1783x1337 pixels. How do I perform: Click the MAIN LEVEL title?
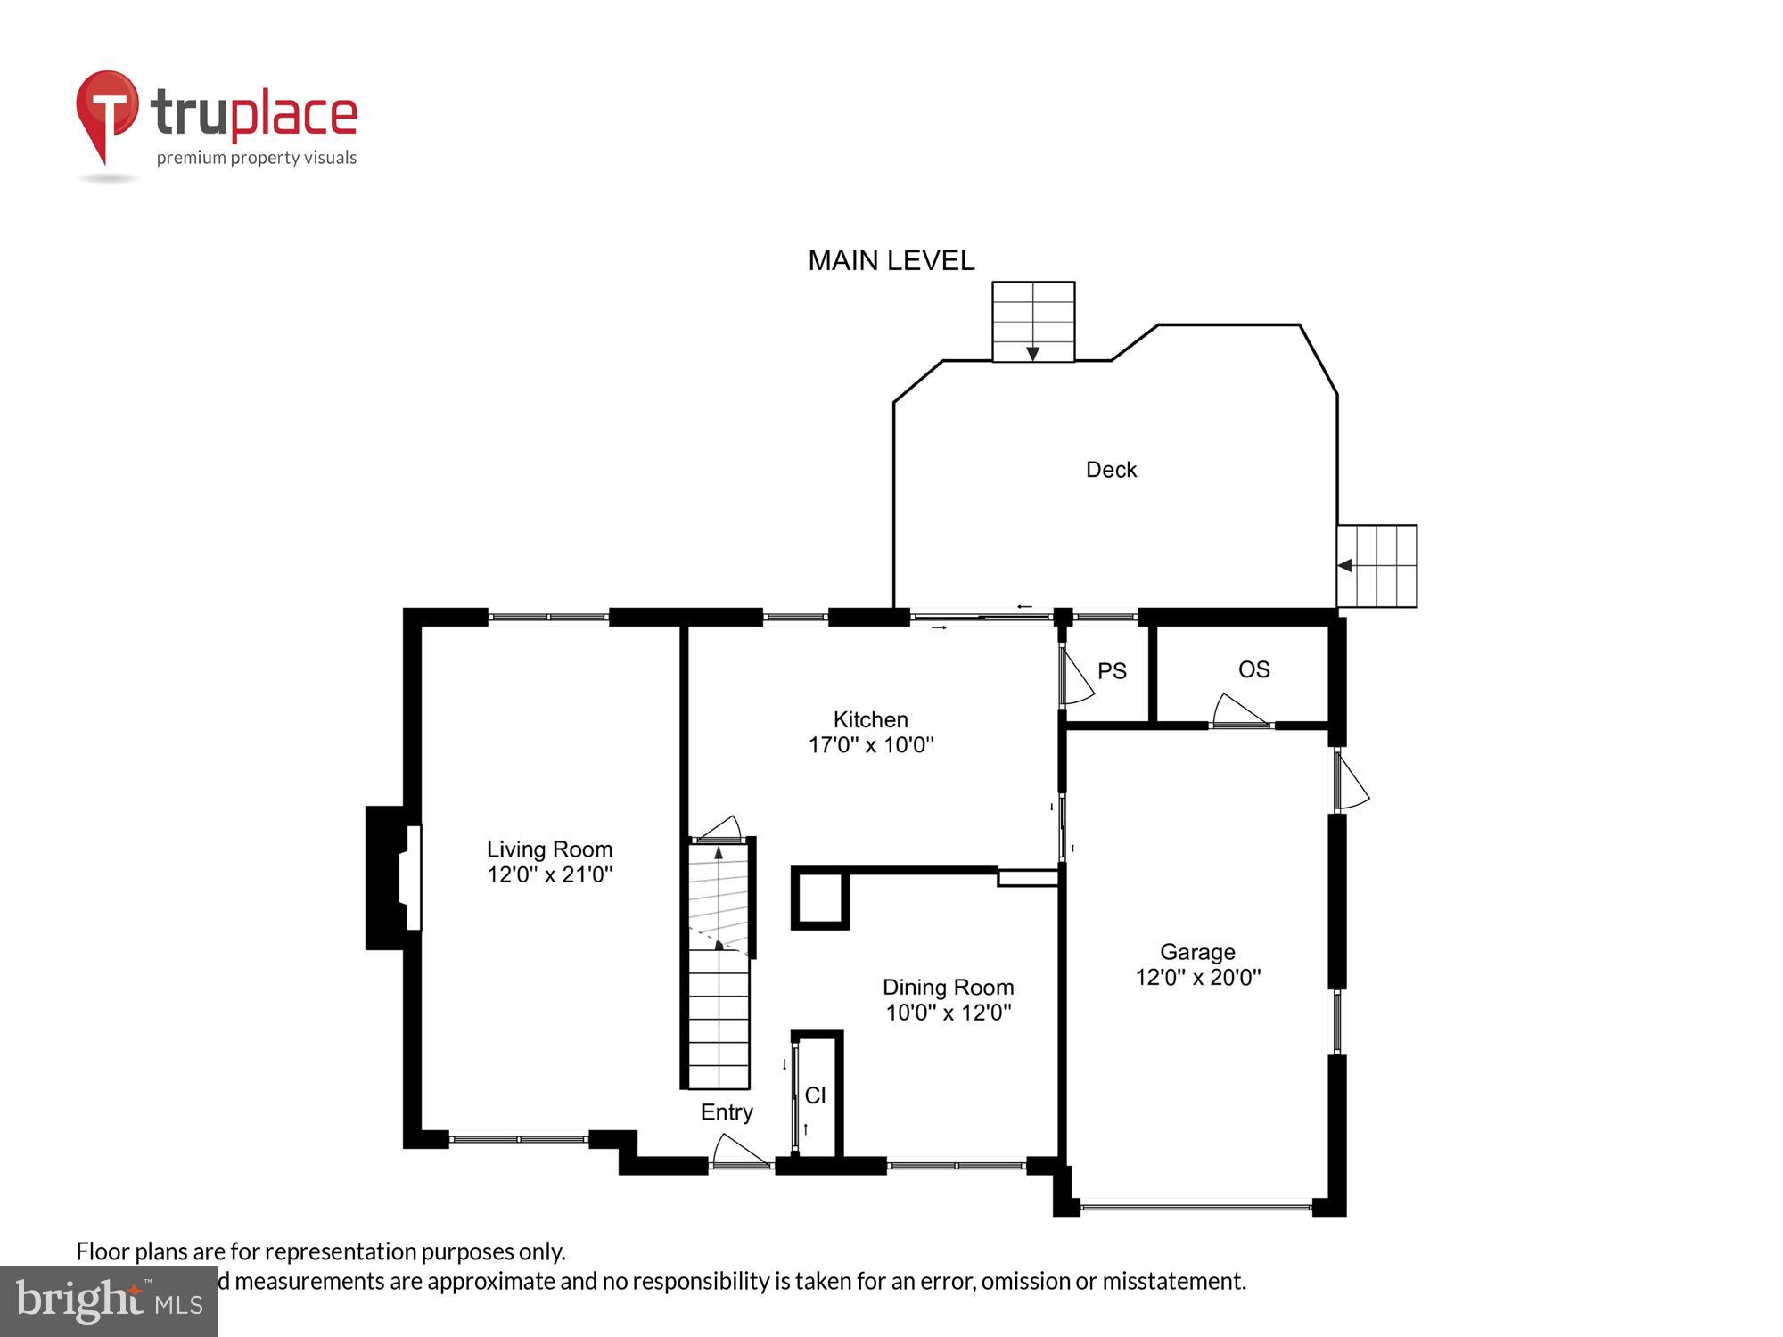click(x=891, y=260)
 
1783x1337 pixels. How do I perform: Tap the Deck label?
click(x=1111, y=470)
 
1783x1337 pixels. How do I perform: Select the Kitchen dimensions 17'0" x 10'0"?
click(x=871, y=745)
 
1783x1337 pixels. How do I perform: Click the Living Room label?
click(x=549, y=849)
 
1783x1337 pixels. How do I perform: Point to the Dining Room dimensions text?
click(x=948, y=1013)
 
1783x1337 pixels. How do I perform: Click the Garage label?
click(x=1196, y=952)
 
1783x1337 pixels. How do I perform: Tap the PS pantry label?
click(x=1112, y=671)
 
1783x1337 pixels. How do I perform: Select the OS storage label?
click(x=1253, y=669)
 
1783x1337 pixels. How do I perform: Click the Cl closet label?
click(x=815, y=1095)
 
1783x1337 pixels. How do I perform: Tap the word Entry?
click(x=727, y=1112)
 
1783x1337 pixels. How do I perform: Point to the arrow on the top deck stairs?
click(x=1032, y=354)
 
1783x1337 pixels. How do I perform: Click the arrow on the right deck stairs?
click(x=1345, y=565)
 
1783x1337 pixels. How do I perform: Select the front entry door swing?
click(x=740, y=1151)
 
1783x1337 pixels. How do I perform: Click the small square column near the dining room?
click(x=819, y=898)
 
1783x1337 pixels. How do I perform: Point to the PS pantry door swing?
click(x=1076, y=676)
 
